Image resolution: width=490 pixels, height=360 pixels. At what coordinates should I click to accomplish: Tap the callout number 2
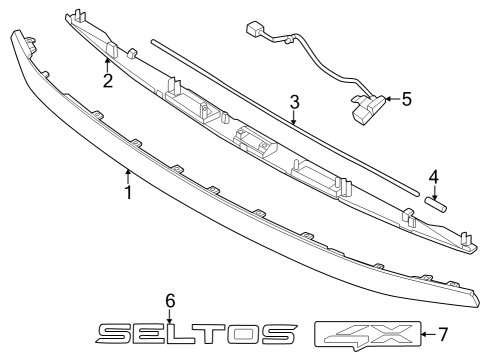107,80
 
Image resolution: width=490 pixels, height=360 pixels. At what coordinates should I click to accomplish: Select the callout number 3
294,102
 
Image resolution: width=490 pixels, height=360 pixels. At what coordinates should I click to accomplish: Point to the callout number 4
433,178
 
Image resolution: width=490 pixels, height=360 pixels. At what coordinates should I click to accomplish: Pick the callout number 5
406,99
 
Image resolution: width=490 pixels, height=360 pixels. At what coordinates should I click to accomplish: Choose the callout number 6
170,299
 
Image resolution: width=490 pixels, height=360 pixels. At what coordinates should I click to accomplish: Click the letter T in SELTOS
212,334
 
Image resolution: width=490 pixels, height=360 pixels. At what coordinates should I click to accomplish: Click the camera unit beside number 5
365,104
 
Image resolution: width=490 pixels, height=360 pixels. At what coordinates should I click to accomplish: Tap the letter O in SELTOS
244,334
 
